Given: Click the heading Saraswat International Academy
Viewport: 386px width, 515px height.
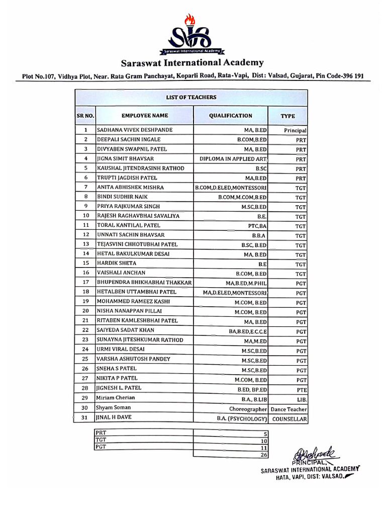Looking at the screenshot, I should tap(192, 63).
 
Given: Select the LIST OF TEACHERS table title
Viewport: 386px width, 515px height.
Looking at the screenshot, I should tap(191, 98).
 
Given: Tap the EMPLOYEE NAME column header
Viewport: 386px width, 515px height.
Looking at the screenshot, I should tap(144, 116).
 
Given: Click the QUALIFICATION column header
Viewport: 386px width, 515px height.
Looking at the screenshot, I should tap(231, 116).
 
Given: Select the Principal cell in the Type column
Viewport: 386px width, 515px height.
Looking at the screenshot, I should tap(295, 130).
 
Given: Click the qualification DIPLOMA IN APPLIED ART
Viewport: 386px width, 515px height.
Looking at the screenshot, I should tap(233, 159).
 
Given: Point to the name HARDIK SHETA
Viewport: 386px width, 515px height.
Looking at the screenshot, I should tap(117, 263).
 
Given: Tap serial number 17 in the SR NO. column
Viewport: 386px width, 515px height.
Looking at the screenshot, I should tap(85, 282).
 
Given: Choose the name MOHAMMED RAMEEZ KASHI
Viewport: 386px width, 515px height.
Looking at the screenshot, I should tap(133, 301).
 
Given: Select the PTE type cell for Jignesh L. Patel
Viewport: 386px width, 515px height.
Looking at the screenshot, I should tap(301, 388).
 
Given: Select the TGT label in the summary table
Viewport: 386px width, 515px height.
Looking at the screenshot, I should tap(102, 439).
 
